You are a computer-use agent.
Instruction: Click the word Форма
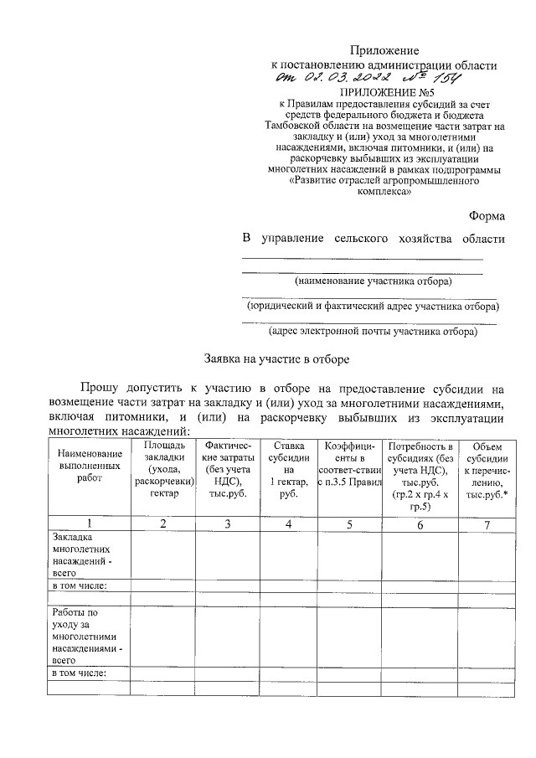(x=487, y=215)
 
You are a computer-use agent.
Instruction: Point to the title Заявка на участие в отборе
(x=277, y=358)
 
